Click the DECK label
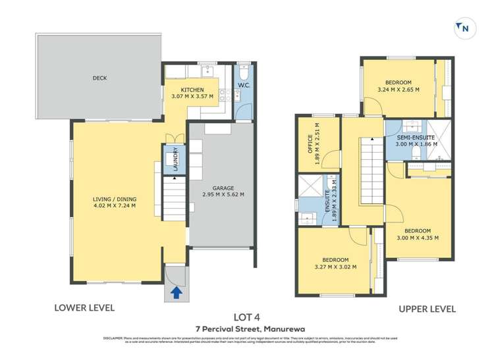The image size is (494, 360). click(x=99, y=78)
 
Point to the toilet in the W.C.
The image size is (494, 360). click(x=243, y=71)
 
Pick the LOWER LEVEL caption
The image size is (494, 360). click(x=84, y=307)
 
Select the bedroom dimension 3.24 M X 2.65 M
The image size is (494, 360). click(x=398, y=89)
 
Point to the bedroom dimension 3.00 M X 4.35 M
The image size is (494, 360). click(x=418, y=238)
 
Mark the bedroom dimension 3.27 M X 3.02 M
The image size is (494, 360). click(x=335, y=267)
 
